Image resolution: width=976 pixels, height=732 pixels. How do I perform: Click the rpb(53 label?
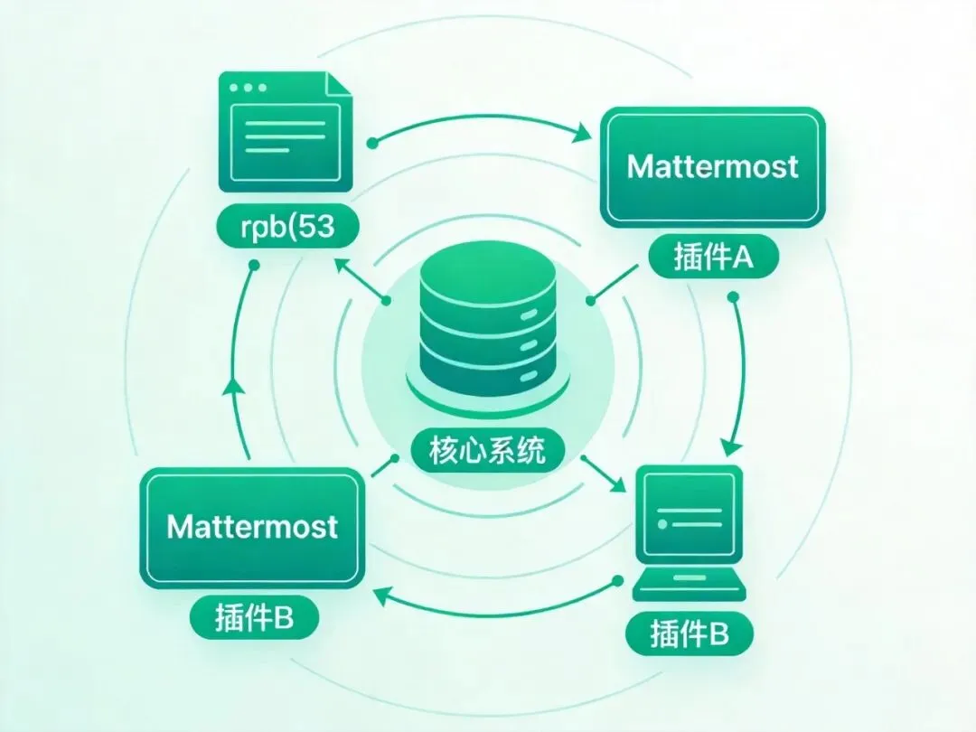(287, 228)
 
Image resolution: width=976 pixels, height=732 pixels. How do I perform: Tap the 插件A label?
(713, 258)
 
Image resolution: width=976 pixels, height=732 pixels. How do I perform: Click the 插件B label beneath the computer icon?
(689, 634)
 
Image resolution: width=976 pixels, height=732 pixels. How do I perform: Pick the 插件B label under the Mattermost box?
(254, 618)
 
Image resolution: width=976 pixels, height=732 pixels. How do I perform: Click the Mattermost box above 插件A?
(713, 167)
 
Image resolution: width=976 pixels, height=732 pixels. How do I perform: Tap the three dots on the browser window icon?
(248, 89)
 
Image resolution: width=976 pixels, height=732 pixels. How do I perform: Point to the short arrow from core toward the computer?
(603, 476)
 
